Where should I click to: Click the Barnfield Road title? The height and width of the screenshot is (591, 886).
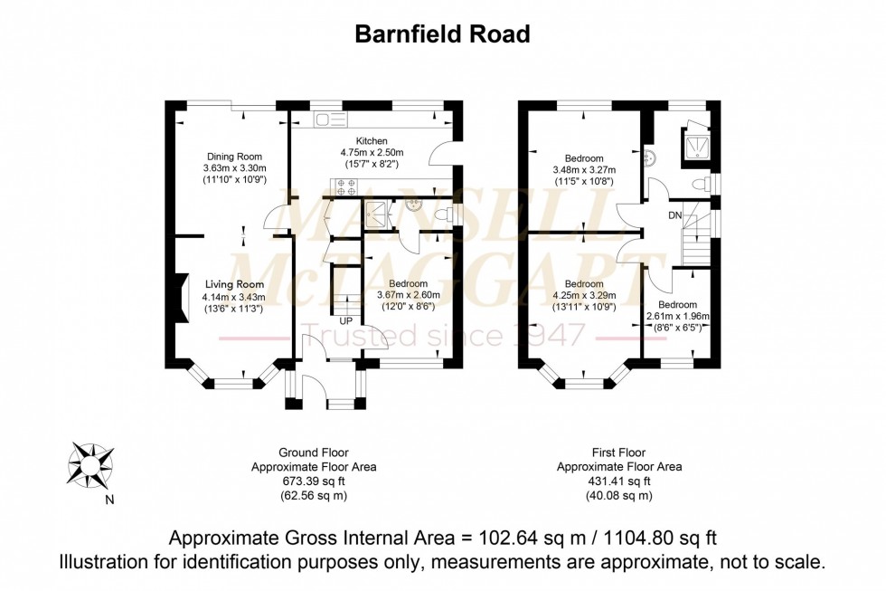pos(442,33)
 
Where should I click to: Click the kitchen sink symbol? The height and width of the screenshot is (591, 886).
pos(330,119)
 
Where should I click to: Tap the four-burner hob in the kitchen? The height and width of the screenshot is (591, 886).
pos(344,188)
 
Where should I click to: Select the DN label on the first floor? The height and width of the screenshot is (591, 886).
pos(675,215)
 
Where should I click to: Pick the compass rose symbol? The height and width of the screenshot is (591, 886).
pos(90,463)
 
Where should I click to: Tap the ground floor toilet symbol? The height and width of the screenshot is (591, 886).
pos(444,214)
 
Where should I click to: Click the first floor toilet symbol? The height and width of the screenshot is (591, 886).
pos(700,185)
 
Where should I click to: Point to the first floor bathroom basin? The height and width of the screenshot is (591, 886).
pos(648,158)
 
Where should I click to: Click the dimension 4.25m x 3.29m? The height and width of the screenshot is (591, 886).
pos(583,295)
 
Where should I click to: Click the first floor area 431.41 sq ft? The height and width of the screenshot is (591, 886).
pos(618,481)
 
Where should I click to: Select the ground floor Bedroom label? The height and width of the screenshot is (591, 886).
pos(402,283)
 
